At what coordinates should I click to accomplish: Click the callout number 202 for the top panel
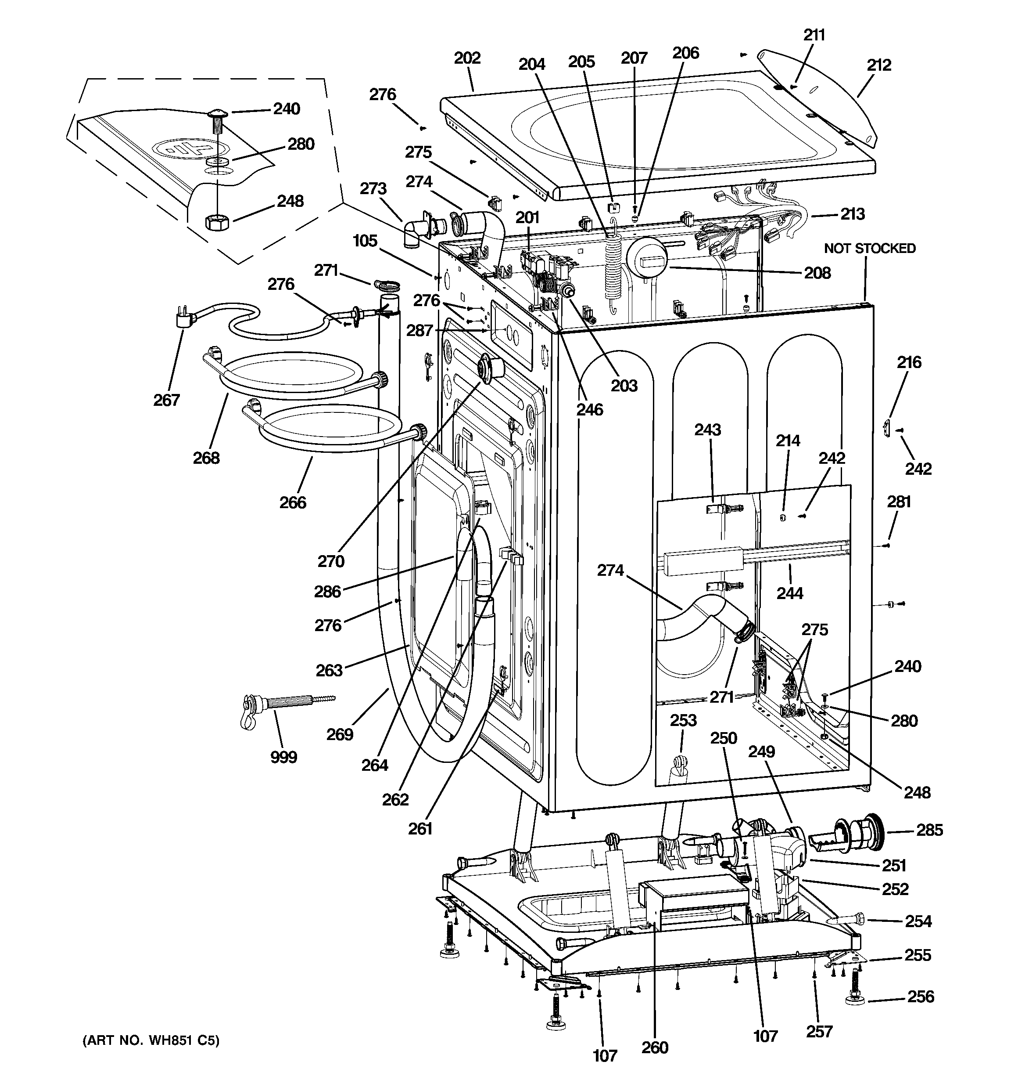467,58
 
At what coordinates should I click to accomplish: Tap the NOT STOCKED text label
869,248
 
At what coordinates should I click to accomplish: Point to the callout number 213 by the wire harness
853,214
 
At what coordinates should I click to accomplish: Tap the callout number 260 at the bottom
655,1047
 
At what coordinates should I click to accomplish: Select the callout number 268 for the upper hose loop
206,458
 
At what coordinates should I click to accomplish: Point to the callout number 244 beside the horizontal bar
789,593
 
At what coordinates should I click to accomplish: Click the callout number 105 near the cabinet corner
365,241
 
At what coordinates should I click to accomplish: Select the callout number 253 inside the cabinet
683,720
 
